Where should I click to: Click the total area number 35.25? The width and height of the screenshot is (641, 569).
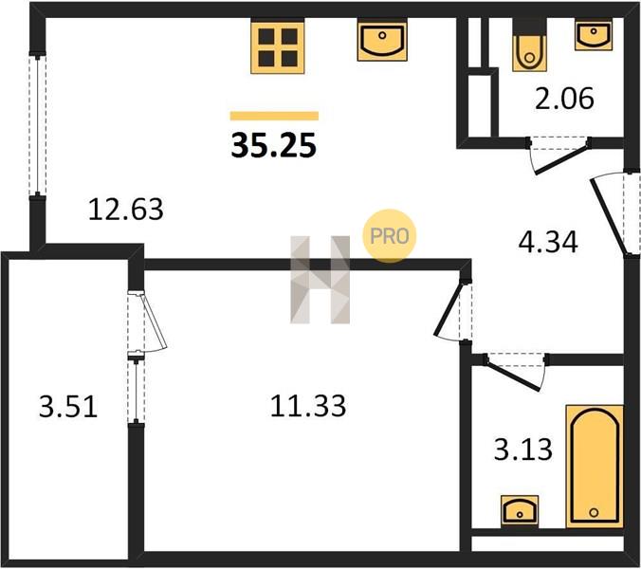(273, 146)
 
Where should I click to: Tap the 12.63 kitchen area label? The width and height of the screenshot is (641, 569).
(126, 210)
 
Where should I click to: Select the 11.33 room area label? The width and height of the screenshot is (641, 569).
(308, 406)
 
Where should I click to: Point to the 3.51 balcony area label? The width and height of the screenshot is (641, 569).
(68, 407)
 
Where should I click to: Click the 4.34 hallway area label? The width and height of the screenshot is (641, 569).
(548, 242)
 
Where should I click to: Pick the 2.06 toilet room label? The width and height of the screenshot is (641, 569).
(564, 98)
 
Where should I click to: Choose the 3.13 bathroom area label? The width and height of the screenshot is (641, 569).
(523, 449)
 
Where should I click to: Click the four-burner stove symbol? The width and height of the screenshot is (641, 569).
(278, 47)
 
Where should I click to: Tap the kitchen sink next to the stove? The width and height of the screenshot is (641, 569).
(382, 41)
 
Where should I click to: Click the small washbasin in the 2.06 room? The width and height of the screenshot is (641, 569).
(594, 36)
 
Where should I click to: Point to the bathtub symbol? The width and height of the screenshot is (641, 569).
(595, 467)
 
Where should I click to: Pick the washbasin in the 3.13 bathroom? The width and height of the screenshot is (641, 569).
(520, 510)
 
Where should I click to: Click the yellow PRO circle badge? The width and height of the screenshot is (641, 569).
(389, 236)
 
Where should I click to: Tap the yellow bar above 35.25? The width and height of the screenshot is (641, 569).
(274, 116)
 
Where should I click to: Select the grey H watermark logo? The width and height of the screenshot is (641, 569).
(320, 280)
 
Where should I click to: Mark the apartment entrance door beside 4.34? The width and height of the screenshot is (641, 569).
(614, 214)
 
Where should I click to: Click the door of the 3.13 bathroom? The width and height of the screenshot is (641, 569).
(515, 371)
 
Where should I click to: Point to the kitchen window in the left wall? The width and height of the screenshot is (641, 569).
(37, 125)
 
